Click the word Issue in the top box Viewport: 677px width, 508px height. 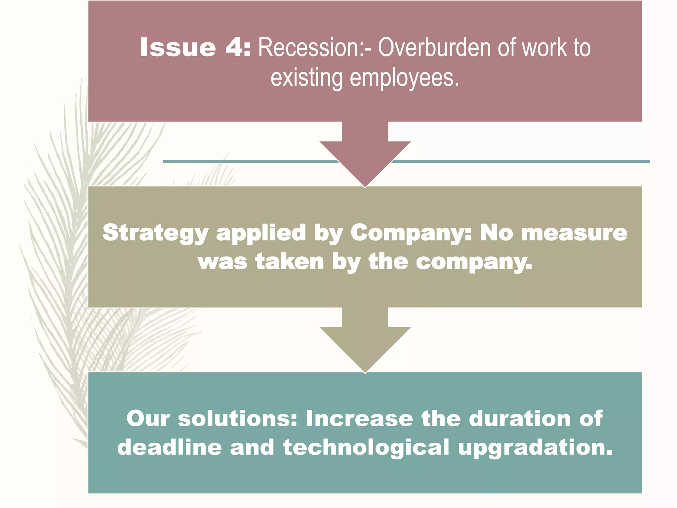[x=178, y=47]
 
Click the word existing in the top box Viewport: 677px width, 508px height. [x=306, y=78]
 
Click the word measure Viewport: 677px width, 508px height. [x=574, y=233]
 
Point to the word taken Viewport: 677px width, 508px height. [x=289, y=262]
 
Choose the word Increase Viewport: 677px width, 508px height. [x=359, y=419]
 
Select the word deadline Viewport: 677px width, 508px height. [x=169, y=447]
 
